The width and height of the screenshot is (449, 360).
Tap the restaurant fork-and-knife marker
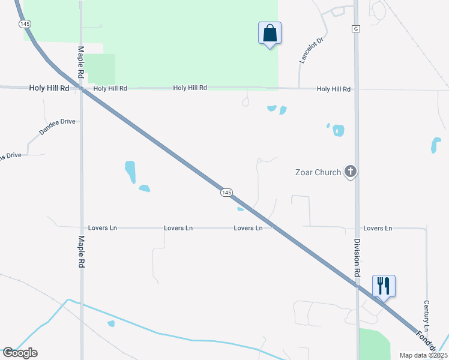point(384,286)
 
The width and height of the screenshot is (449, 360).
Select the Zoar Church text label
point(318,172)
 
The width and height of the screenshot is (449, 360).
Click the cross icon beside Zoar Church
point(351,172)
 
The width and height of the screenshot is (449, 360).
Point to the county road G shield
point(355,28)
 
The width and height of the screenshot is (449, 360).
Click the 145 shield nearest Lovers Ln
point(226,193)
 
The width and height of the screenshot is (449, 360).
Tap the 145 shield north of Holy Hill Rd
point(25,23)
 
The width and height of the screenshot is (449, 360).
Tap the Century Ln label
point(426,316)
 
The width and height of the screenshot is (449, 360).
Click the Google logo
point(19,352)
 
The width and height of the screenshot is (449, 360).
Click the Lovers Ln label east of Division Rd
point(377,228)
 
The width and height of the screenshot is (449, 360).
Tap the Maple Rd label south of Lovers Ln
point(81,251)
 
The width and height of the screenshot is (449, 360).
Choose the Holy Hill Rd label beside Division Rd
point(333,89)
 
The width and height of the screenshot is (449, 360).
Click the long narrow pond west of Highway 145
point(130,172)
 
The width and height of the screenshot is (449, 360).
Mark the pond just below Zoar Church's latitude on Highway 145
point(241,209)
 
